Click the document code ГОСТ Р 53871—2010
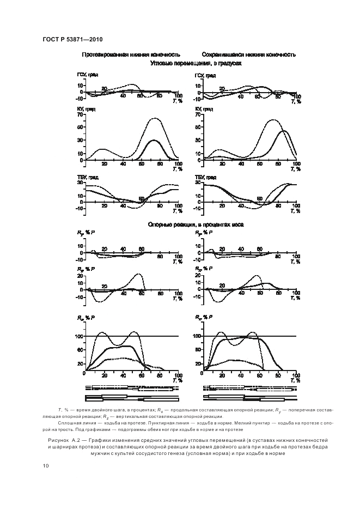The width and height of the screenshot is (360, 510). coord(72,40)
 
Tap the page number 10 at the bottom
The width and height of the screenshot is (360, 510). coord(45,466)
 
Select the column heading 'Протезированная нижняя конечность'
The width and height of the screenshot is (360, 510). coord(131,55)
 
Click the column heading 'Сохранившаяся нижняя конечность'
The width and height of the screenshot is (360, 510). coord(248,55)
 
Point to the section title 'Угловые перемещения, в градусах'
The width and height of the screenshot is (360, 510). coord(196,63)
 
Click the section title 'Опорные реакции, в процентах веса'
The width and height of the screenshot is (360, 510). coord(196,224)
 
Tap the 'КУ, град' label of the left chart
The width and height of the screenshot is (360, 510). coord(86,109)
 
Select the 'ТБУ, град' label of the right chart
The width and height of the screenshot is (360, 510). coord(205,177)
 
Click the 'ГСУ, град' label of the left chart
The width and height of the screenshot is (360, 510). coord(87,75)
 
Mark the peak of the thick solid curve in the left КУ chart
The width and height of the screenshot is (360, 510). coord(154,140)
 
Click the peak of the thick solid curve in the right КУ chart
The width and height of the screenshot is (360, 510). coord(284,131)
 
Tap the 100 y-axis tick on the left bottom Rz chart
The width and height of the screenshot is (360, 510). coord(79,336)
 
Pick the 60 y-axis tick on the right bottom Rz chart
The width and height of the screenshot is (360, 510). coord(198,350)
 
